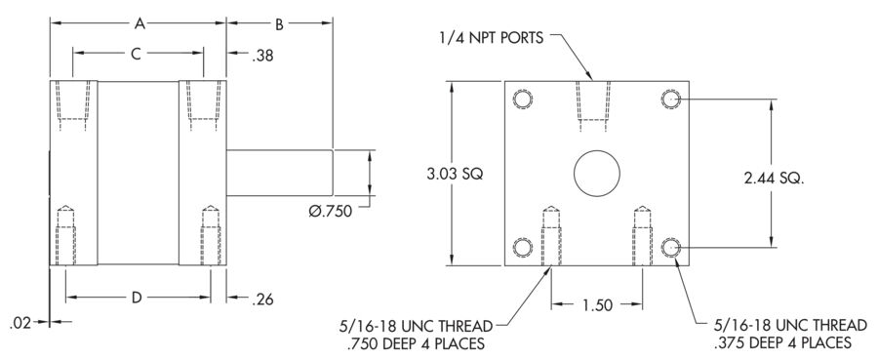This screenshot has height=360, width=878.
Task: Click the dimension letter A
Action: click(140, 23)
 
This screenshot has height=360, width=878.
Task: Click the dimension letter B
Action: click(279, 23)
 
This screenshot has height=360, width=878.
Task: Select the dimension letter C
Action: click(136, 54)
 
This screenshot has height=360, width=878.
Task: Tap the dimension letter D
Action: click(137, 298)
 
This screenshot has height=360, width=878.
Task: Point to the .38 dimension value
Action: click(262, 56)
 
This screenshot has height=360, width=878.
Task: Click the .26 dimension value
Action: click(262, 300)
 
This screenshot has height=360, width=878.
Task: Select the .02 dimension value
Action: click(20, 323)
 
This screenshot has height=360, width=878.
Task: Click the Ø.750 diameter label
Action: click(331, 211)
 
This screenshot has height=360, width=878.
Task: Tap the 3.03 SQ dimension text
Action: click(455, 174)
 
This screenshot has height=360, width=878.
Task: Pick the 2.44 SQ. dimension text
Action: click(774, 179)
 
